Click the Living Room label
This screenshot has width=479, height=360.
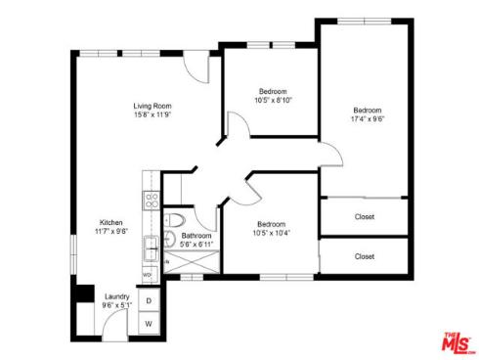[152, 106]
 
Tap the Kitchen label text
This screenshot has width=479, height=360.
[110, 221]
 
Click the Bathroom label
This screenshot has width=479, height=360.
[196, 236]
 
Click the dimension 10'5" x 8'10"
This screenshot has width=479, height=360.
[273, 99]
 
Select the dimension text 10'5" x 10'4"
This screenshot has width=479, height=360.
[272, 232]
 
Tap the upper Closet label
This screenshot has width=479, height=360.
[365, 217]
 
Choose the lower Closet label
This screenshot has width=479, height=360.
[365, 256]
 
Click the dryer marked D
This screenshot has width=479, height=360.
[150, 301]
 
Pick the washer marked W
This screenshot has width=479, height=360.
[150, 323]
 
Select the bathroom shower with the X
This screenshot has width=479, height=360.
[192, 263]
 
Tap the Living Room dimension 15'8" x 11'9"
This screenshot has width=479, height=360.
[152, 115]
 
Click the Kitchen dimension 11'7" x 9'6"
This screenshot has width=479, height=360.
[110, 231]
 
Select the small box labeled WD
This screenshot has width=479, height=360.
[148, 275]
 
